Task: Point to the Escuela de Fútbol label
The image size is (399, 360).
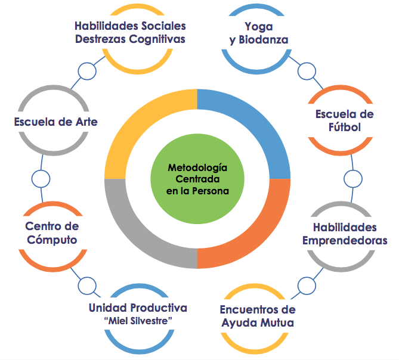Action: [x=345, y=120]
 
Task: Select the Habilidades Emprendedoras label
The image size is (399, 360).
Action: [x=345, y=234]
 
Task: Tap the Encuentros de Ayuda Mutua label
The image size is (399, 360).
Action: [x=257, y=316]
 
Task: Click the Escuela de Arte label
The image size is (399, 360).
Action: [x=55, y=122]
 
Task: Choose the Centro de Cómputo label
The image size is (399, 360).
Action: [x=52, y=233]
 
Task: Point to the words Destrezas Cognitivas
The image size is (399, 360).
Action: [x=131, y=39]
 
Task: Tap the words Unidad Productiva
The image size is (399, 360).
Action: [x=138, y=308]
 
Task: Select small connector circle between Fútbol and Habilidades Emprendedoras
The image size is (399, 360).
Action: [x=353, y=178]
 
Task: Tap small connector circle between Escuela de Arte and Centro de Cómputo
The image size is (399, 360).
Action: [x=41, y=178]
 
